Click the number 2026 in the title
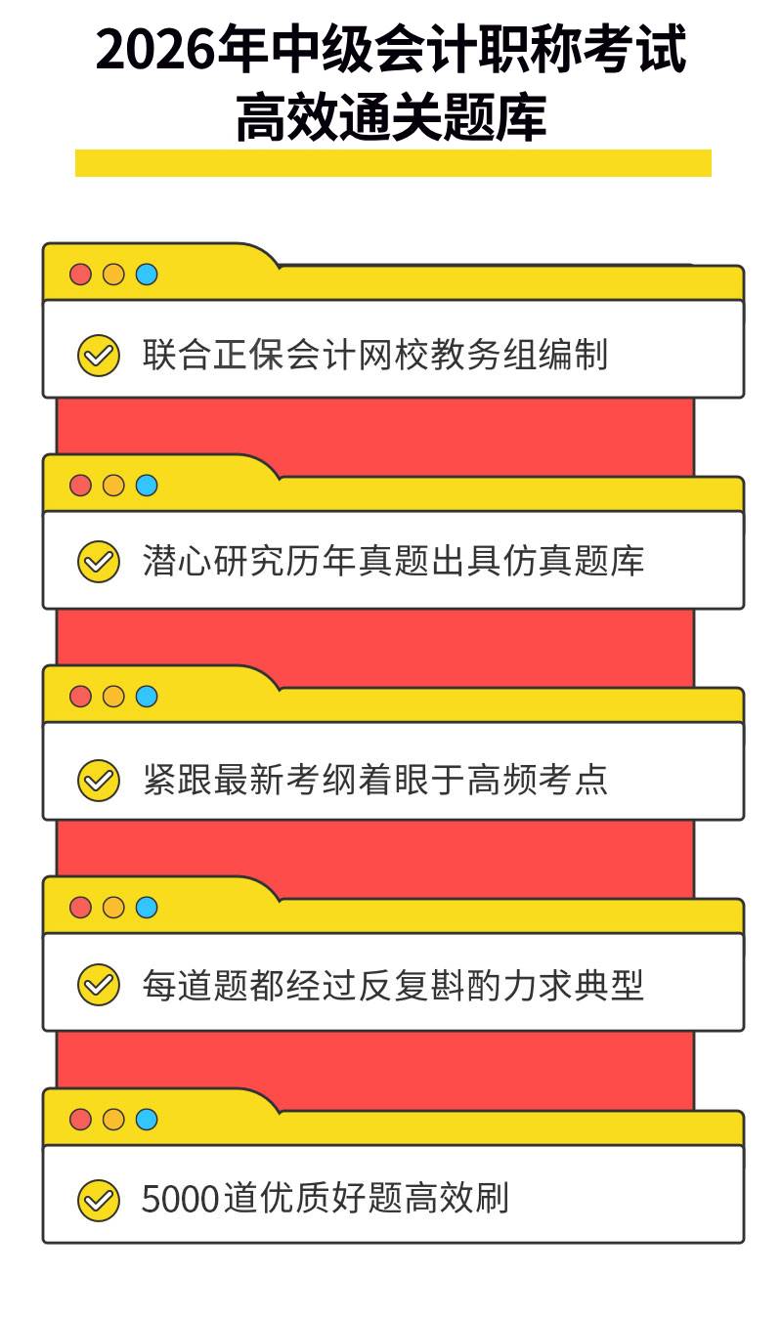tap(156, 50)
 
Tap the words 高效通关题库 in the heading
tap(391, 116)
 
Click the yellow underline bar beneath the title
tap(393, 163)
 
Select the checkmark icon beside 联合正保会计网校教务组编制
tap(99, 355)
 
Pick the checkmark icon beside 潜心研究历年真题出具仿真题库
tap(99, 562)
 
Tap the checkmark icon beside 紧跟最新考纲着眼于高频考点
tap(99, 781)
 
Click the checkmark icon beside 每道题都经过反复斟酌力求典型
tap(99, 984)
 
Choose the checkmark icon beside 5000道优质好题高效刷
tap(99, 1200)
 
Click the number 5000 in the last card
tap(181, 1200)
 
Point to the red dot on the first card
tap(80, 274)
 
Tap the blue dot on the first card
tap(147, 274)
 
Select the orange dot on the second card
tap(113, 486)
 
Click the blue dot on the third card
tap(147, 697)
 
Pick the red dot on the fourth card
tap(80, 908)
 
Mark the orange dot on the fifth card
tap(113, 1119)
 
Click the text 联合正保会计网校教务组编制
tap(374, 355)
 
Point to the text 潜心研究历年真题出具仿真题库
tap(393, 561)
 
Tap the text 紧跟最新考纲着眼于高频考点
tap(374, 780)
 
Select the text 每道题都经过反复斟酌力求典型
tap(393, 985)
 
